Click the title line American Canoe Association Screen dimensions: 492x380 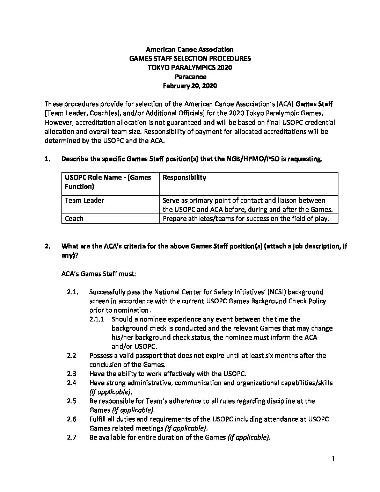pyautogui.click(x=190, y=50)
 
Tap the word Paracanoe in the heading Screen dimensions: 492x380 pyautogui.click(x=190, y=77)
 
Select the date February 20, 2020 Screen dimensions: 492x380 pyautogui.click(x=190, y=86)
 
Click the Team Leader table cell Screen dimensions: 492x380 pyautogui.click(x=85, y=201)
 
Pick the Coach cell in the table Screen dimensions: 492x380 pyautogui.click(x=74, y=219)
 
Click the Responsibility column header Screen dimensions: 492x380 pyautogui.click(x=184, y=178)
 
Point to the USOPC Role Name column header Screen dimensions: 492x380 pyautogui.click(x=108, y=182)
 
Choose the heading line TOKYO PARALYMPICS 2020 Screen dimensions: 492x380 pyautogui.click(x=190, y=68)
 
